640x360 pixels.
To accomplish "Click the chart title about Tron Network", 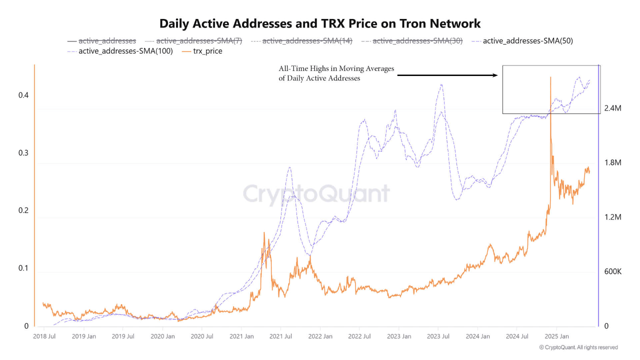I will [x=320, y=23].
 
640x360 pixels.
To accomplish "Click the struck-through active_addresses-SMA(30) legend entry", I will [x=411, y=41].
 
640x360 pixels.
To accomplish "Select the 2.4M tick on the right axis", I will [x=612, y=108].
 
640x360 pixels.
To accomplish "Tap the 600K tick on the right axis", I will [x=612, y=271].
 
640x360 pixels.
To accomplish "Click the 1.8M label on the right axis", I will [x=612, y=163].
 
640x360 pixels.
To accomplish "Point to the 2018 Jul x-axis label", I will [x=44, y=336].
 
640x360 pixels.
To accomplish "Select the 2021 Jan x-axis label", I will [x=241, y=336].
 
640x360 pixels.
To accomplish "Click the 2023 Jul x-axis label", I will [x=438, y=336].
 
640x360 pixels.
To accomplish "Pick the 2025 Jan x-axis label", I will [x=557, y=336].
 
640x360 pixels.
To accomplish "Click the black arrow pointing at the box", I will [x=447, y=75].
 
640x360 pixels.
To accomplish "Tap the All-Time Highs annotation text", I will [x=336, y=73].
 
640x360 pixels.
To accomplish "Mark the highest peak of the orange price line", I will [x=550, y=77].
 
